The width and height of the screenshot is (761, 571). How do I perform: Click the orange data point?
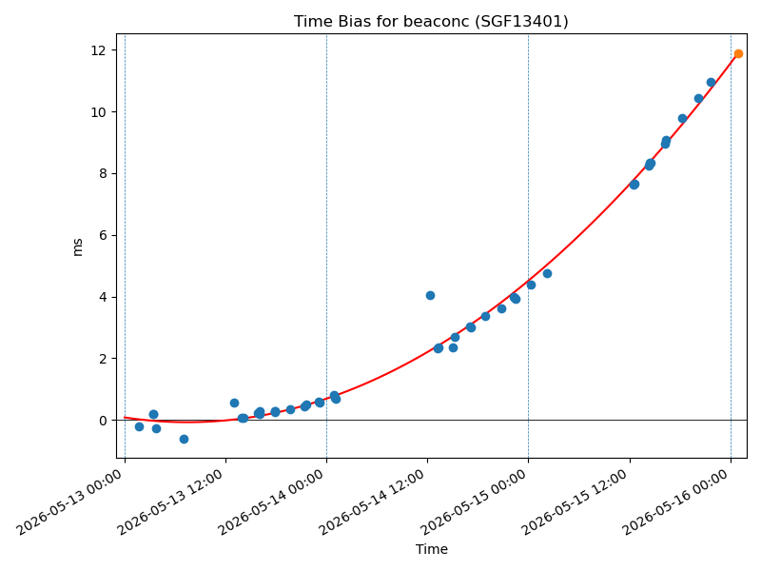pos(738,54)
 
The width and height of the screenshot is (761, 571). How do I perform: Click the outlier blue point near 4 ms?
pos(430,295)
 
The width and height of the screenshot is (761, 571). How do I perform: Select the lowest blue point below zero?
pos(184,439)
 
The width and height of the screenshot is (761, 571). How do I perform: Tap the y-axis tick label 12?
pos(98,50)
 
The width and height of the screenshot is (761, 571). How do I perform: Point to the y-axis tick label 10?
pos(98,112)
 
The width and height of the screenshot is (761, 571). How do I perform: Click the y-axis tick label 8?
pos(103,174)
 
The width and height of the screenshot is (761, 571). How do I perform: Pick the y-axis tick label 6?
pos(103,235)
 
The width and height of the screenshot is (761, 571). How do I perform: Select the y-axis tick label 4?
pos(103,297)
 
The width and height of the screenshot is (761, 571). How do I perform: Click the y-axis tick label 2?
pos(103,359)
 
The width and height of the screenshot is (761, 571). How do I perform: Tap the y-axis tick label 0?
pos(103,421)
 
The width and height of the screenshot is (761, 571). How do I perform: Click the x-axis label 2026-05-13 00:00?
pos(68,502)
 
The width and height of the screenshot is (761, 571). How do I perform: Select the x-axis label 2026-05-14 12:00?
pos(372,502)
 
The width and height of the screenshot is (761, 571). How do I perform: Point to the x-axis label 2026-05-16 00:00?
pos(674,502)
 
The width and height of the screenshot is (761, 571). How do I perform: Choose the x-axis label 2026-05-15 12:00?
pos(574,502)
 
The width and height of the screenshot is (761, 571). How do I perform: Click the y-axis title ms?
pos(78,247)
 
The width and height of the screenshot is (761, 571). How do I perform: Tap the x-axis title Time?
pos(432,549)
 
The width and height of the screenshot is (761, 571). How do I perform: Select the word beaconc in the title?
pos(444,22)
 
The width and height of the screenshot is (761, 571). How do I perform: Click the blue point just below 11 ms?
pos(711,83)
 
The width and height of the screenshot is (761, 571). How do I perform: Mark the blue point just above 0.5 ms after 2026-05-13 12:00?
pos(234,403)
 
